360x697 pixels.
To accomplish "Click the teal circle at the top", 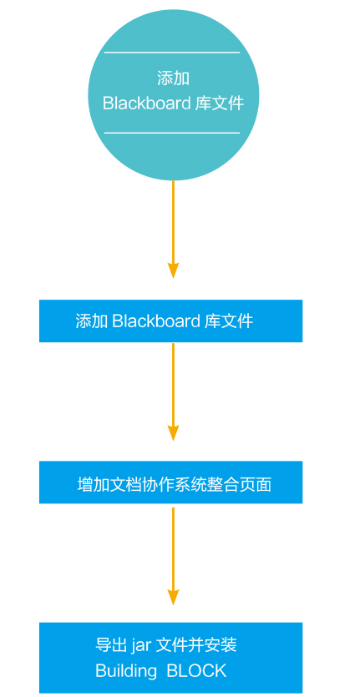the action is click(x=173, y=94).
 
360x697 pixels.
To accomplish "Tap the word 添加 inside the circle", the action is click(x=173, y=78).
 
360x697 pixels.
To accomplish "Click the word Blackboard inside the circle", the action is click(x=146, y=104).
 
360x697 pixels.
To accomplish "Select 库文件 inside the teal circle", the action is click(x=220, y=104).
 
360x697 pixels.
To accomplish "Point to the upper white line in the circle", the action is click(x=172, y=53).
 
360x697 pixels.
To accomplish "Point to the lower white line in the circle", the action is click(x=172, y=133).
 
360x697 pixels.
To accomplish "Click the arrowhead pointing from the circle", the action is click(x=173, y=270).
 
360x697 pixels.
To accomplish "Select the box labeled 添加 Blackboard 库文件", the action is click(x=171, y=321).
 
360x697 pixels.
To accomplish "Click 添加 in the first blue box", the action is click(x=92, y=321).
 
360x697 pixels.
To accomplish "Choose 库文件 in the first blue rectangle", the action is click(x=229, y=321).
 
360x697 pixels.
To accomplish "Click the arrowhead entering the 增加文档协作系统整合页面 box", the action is click(x=173, y=433).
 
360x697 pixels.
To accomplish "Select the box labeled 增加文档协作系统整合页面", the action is click(x=171, y=482).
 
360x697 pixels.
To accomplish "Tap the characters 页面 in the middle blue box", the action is click(x=256, y=484).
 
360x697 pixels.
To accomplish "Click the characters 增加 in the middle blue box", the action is click(x=94, y=484).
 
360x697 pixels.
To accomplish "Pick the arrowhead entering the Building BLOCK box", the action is click(x=173, y=597).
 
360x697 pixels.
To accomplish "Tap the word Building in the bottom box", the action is click(x=126, y=671).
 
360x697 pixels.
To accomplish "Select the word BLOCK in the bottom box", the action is click(x=196, y=671).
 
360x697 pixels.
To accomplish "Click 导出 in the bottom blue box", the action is click(x=111, y=645).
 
